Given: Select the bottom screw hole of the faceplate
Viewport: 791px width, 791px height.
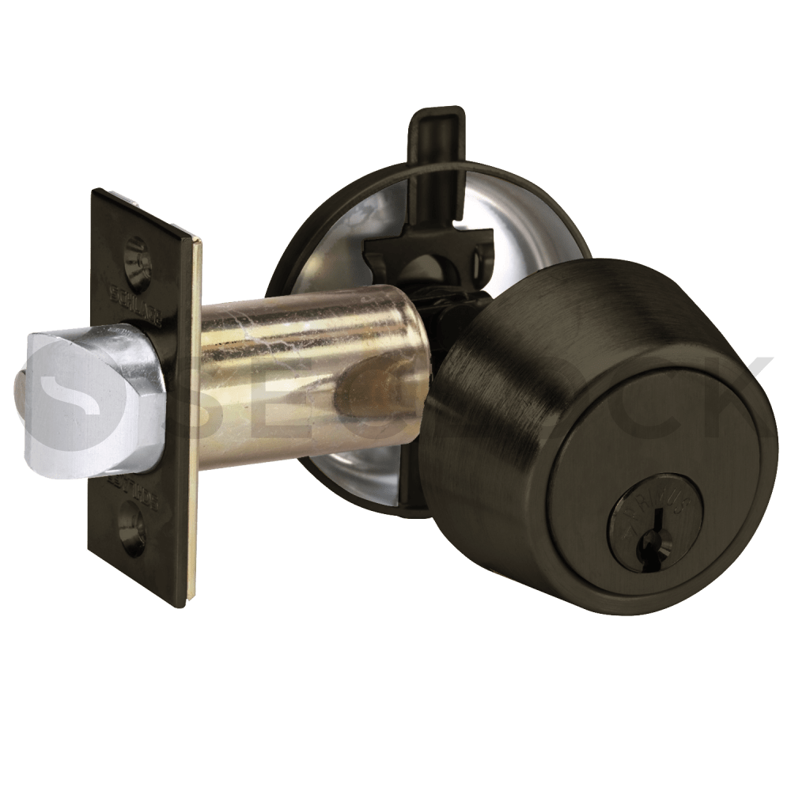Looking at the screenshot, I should click(x=131, y=523).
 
